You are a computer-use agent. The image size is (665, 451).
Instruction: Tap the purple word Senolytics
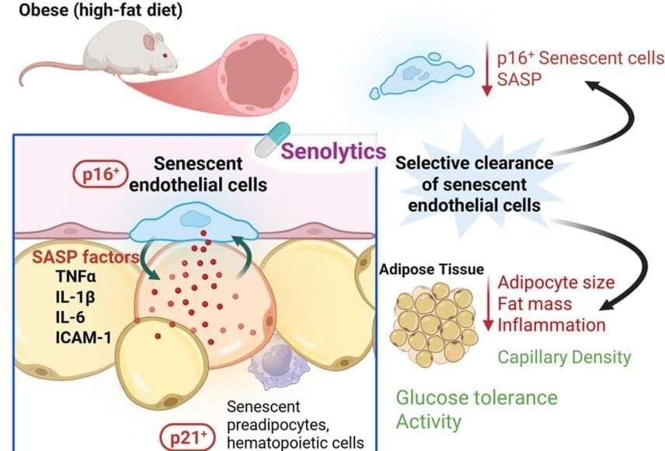coord(334,149)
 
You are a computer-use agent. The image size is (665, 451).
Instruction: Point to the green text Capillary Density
coord(564,357)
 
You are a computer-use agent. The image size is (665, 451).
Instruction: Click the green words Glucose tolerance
coord(476,397)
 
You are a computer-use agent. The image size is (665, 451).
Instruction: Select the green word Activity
coord(428,422)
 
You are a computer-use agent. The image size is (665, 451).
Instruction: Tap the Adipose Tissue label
coord(432,269)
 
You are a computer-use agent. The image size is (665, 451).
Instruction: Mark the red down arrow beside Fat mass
coord(488,304)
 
